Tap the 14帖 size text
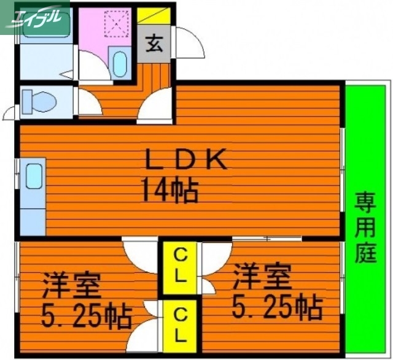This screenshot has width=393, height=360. pyautogui.click(x=170, y=190)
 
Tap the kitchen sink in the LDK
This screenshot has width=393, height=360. pyautogui.click(x=34, y=178)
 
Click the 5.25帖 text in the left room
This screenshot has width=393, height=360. pyautogui.click(x=86, y=316)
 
